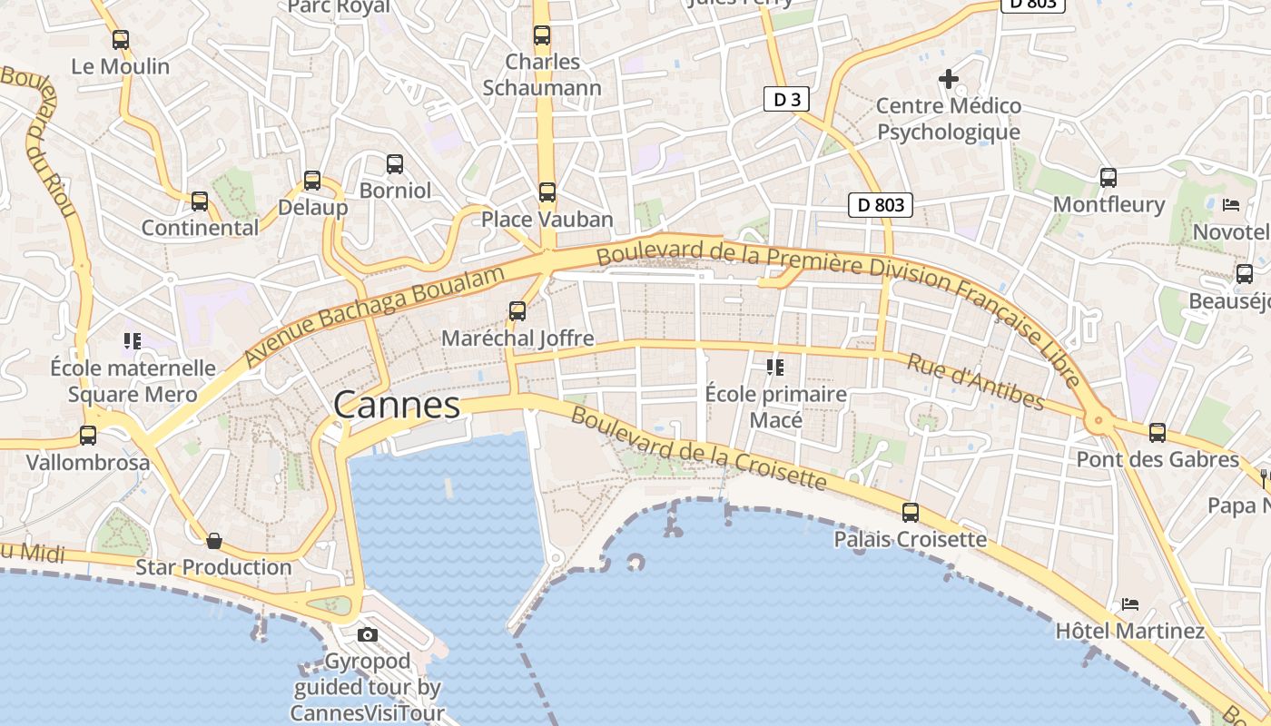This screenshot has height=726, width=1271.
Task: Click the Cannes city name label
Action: (x=397, y=405)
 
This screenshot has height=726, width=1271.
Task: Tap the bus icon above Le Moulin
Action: (x=121, y=40)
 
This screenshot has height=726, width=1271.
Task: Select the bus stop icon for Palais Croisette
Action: (x=911, y=513)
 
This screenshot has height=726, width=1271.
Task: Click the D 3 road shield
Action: (x=785, y=99)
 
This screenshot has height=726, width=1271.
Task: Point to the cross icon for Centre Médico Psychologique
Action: (x=949, y=79)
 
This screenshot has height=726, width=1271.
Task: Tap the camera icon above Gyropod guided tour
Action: (x=368, y=634)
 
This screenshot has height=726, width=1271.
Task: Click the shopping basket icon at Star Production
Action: (x=214, y=541)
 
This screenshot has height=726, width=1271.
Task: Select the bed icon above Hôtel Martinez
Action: (x=1129, y=603)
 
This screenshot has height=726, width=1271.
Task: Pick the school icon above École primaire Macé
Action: (x=775, y=368)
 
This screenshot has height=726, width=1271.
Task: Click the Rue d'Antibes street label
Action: (x=976, y=381)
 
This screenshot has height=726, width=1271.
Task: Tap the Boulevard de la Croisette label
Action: (x=699, y=449)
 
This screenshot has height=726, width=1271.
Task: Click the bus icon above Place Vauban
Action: (x=547, y=192)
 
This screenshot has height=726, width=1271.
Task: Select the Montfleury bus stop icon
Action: (x=1108, y=178)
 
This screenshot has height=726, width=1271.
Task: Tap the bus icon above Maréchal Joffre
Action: (x=517, y=311)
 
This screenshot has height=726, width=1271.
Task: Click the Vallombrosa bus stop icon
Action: (x=88, y=436)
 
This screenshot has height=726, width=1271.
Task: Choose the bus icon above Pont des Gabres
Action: (x=1158, y=433)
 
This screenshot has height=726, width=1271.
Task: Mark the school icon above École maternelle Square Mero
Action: (x=133, y=341)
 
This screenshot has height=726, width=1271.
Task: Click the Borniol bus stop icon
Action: (x=395, y=164)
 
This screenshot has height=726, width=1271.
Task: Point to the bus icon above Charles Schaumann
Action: (x=542, y=35)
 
